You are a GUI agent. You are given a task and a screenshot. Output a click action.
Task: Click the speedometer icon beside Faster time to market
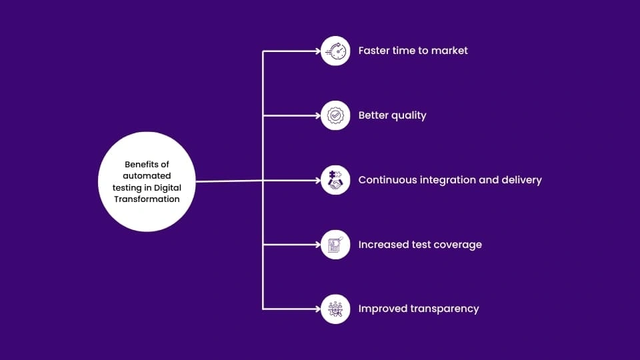[335, 51]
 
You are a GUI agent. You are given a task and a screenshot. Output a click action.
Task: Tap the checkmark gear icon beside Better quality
[335, 115]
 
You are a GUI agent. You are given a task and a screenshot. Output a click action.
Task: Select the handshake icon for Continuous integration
[335, 180]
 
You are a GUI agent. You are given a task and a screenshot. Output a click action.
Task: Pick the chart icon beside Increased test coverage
[335, 245]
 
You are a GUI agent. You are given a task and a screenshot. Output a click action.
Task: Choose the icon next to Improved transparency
[335, 309]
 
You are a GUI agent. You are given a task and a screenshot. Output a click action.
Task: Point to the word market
[449, 51]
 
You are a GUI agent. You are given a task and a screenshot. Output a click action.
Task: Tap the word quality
[408, 115]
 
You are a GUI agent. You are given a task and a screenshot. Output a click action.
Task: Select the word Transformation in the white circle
[147, 199]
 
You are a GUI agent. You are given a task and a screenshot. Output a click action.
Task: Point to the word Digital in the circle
[167, 187]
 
